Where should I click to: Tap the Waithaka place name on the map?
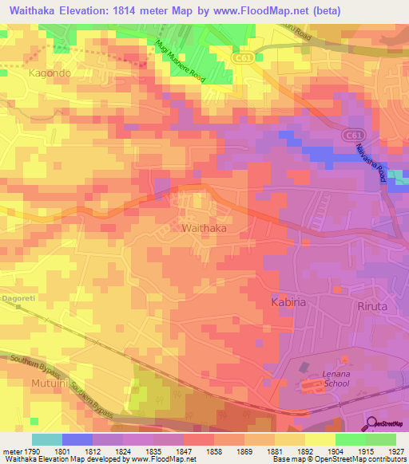pyautogui.click(x=204, y=228)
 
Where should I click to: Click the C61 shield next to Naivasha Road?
pyautogui.click(x=352, y=137)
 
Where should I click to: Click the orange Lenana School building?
pyautogui.click(x=309, y=387)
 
